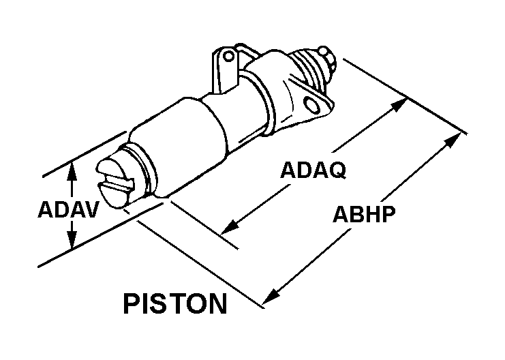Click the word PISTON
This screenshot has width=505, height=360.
pos(175,303)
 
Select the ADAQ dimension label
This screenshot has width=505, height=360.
pos(313,170)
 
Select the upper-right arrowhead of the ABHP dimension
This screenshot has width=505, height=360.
pos(453,140)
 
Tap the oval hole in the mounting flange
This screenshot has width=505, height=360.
pos(313,105)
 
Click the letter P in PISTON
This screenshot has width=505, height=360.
pos(132,303)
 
